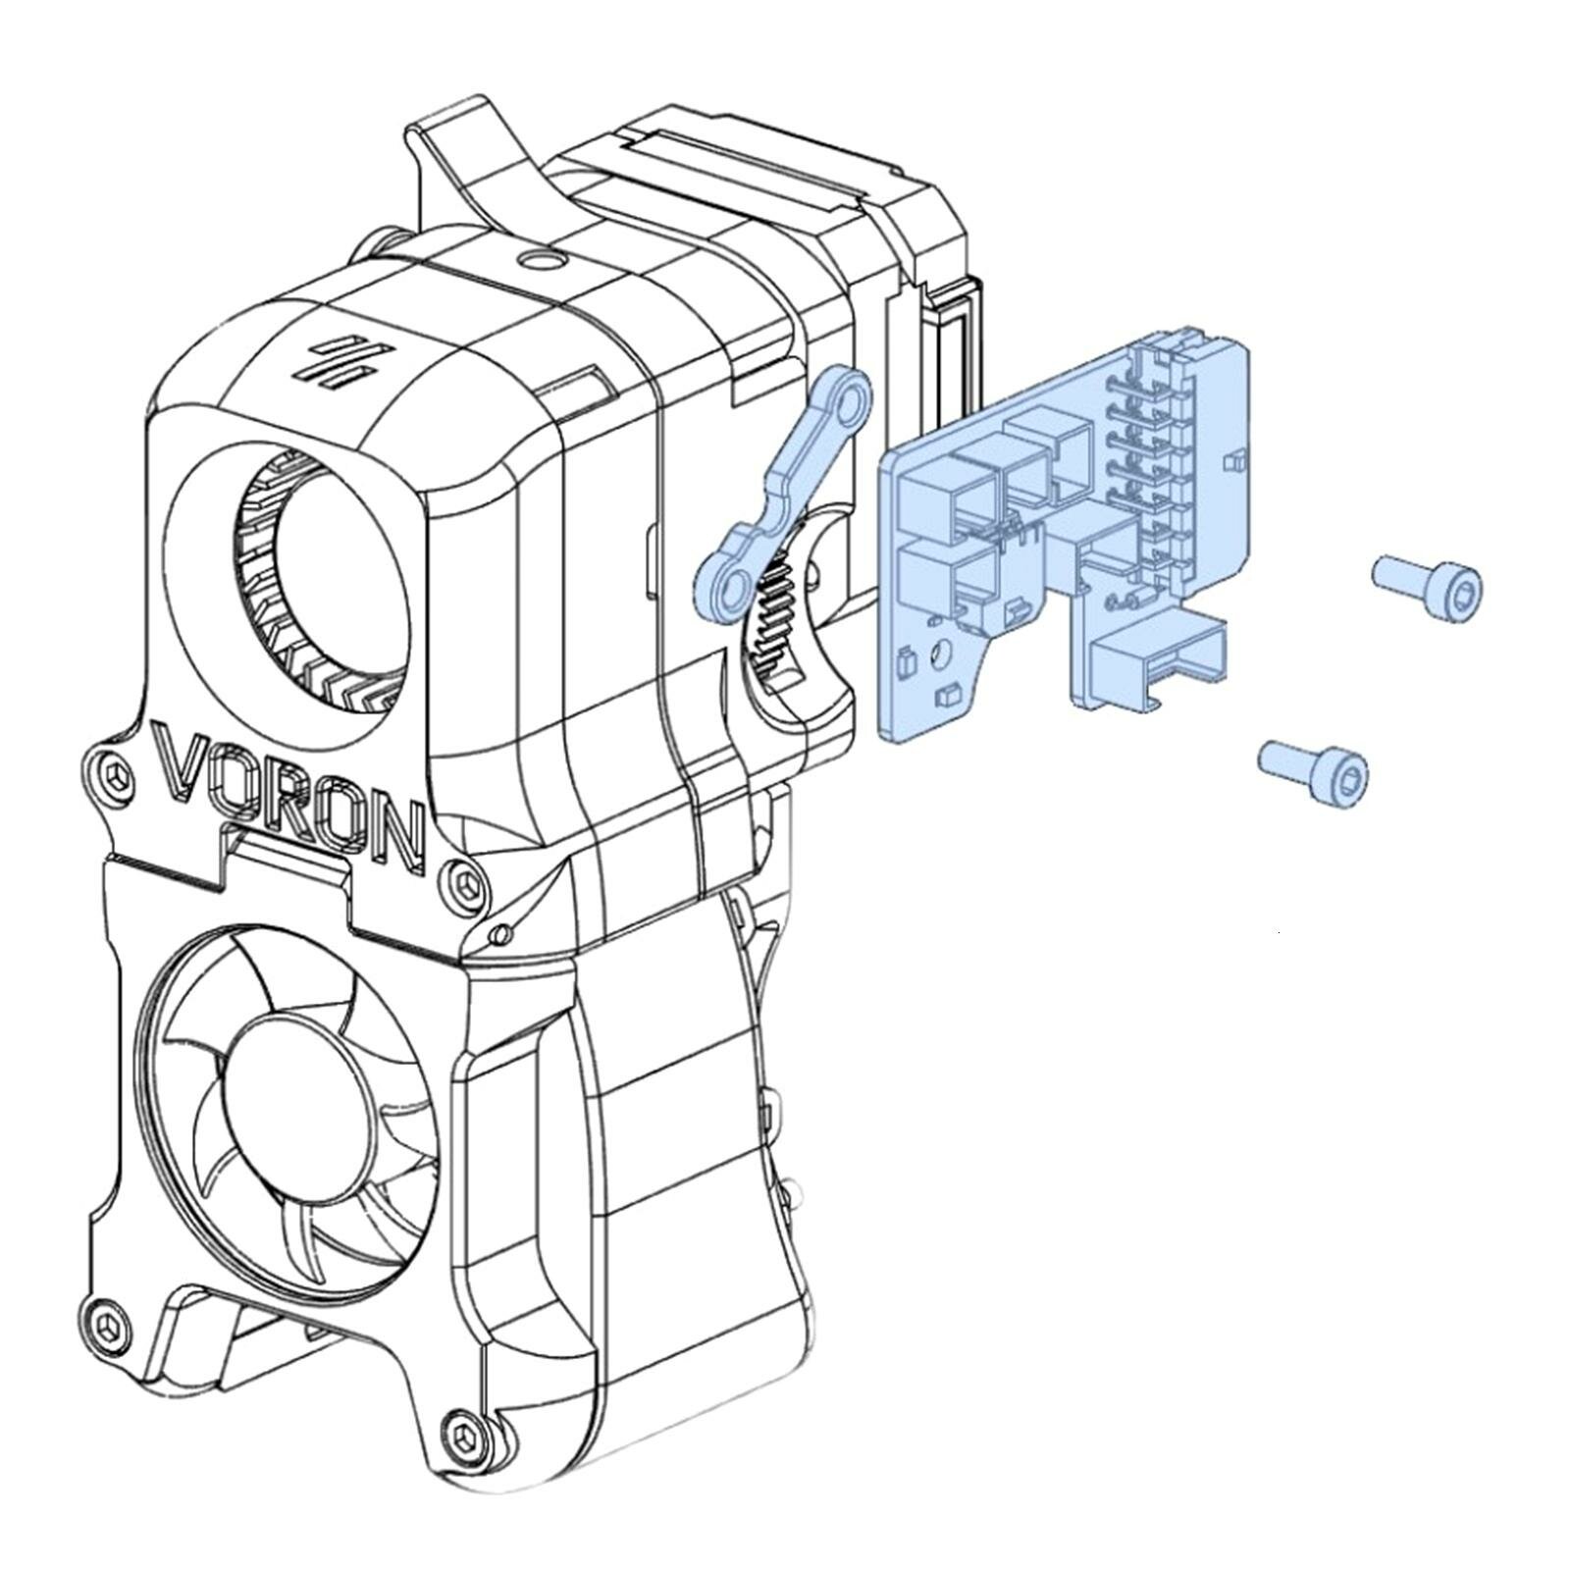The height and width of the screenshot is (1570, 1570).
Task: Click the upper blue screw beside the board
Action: click(1428, 586)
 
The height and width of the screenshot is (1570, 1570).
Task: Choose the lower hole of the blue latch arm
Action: click(730, 589)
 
